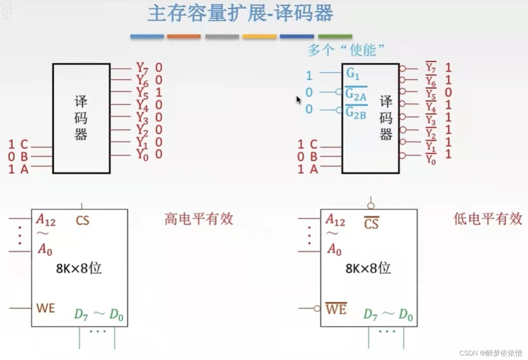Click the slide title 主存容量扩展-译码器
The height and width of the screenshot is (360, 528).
pos(240,13)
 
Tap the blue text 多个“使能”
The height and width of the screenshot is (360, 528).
pos(346,50)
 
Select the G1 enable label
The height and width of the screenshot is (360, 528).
pos(353,73)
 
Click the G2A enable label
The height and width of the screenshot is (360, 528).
pos(356,95)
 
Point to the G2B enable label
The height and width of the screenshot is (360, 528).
pos(356,112)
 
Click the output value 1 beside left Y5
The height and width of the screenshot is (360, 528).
pos(158,92)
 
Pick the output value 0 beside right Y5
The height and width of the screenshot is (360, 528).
pos(448,92)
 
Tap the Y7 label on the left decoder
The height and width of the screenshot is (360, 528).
pos(142,68)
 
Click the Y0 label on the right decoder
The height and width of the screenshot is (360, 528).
pos(430,159)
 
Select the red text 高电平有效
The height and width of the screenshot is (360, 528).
pos(199,219)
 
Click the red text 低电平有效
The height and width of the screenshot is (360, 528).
pos(488,219)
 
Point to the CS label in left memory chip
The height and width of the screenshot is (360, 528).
pos(82,220)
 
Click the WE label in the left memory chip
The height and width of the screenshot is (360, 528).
pos(45,308)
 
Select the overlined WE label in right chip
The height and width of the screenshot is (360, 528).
pos(336,309)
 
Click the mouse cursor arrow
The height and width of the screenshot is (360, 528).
pos(298,100)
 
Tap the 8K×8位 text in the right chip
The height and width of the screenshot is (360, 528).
pos(368,268)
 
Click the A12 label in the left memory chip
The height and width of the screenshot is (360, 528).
pos(46,220)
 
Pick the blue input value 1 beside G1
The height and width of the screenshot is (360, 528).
pos(309,76)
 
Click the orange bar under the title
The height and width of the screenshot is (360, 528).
pos(184,36)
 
